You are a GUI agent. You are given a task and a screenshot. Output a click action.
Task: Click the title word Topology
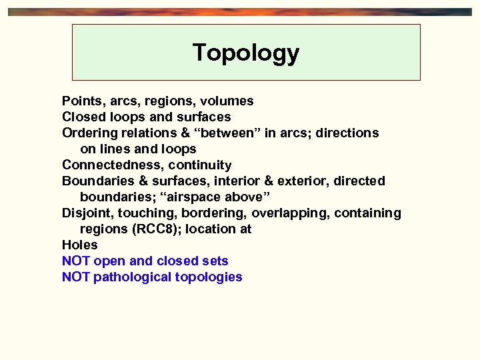[x=246, y=53]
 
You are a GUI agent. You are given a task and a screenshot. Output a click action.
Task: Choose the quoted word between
[x=231, y=133]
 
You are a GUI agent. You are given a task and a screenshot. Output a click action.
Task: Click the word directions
[x=347, y=133]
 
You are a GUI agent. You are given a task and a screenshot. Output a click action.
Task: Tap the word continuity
[x=200, y=165]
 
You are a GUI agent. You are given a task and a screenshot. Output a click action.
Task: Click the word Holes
[x=79, y=245]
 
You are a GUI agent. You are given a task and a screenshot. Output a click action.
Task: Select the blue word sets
[x=215, y=261]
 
